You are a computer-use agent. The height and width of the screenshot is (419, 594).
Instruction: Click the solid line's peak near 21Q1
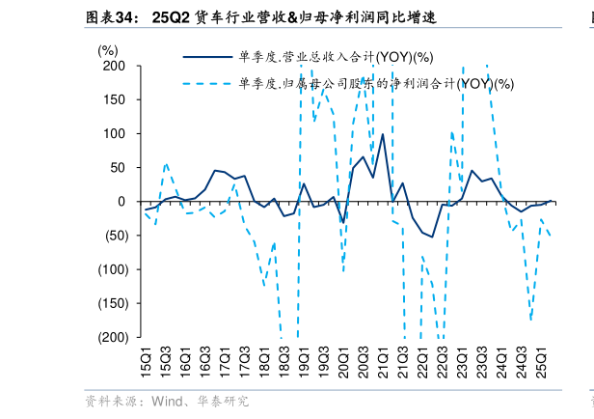point(383,134)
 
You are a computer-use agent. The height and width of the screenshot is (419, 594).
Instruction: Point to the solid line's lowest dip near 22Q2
point(432,237)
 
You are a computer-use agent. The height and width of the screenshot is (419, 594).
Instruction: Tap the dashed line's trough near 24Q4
point(530,319)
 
